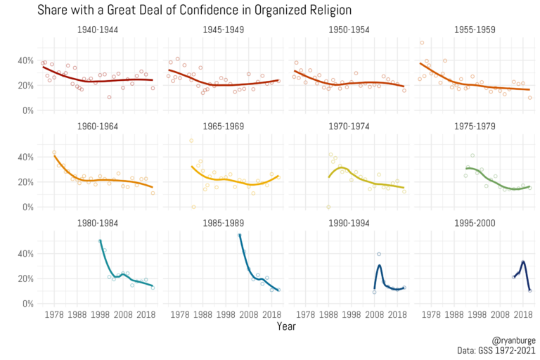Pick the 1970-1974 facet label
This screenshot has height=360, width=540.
coord(349,127)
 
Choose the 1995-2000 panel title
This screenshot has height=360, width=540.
coord(475,224)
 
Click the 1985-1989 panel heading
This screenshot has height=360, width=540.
coord(224,224)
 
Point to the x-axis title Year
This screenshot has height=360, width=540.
coord(286,326)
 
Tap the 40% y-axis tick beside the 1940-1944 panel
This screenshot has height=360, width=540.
coord(25,60)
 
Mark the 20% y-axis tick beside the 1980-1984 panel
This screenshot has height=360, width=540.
coord(25,278)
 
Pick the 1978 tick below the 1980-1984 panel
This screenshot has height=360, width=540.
coord(54,314)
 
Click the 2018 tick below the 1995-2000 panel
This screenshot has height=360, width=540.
coord(523,314)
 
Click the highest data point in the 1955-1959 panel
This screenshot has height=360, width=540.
coord(422,43)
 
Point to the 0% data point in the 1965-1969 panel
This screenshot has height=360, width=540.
coord(193,207)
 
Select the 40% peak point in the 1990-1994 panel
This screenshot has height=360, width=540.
coord(379,254)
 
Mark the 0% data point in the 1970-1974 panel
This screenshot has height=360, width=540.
coord(328,207)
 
